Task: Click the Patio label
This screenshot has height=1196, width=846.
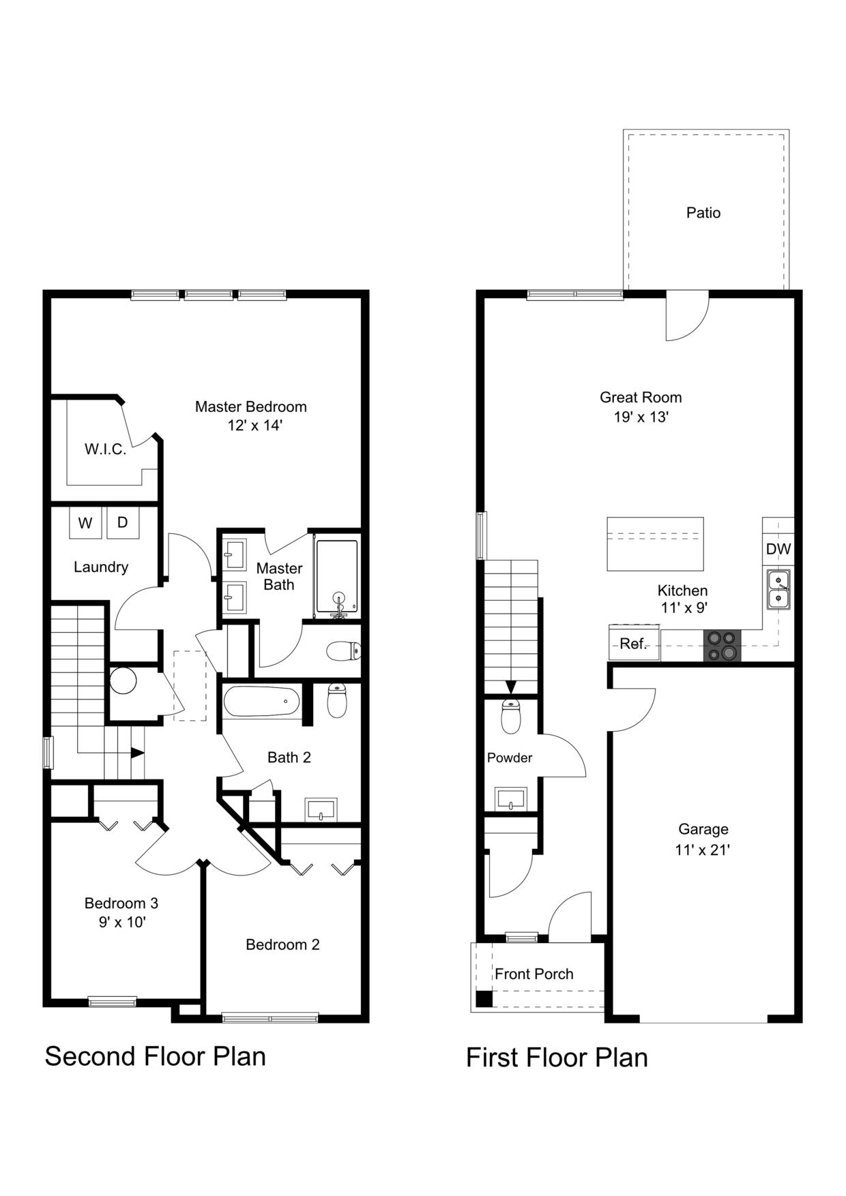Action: [703, 213]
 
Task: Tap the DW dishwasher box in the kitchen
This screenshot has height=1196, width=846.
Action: [778, 549]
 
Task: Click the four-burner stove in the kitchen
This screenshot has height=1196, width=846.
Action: [723, 646]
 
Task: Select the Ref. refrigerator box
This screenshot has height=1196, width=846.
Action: [634, 644]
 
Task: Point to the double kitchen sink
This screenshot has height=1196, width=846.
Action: [778, 589]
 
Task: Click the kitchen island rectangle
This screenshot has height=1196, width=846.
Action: [655, 543]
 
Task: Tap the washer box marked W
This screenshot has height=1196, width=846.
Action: [85, 523]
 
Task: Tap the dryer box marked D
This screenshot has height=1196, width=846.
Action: [123, 522]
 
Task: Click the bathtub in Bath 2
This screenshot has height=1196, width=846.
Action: [261, 701]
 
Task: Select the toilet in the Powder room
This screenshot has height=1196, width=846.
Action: [510, 716]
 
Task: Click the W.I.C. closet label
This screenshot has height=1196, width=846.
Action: [105, 449]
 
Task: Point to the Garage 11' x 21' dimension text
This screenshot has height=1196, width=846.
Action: [703, 850]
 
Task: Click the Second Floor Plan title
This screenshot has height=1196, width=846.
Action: [155, 1056]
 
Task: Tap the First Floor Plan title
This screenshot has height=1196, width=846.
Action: [557, 1058]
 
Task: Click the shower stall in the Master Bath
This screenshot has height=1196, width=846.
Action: [336, 577]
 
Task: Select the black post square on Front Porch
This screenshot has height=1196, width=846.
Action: [484, 998]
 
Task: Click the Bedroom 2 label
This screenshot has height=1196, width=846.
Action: [282, 944]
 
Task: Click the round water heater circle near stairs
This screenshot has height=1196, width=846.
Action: [123, 680]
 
